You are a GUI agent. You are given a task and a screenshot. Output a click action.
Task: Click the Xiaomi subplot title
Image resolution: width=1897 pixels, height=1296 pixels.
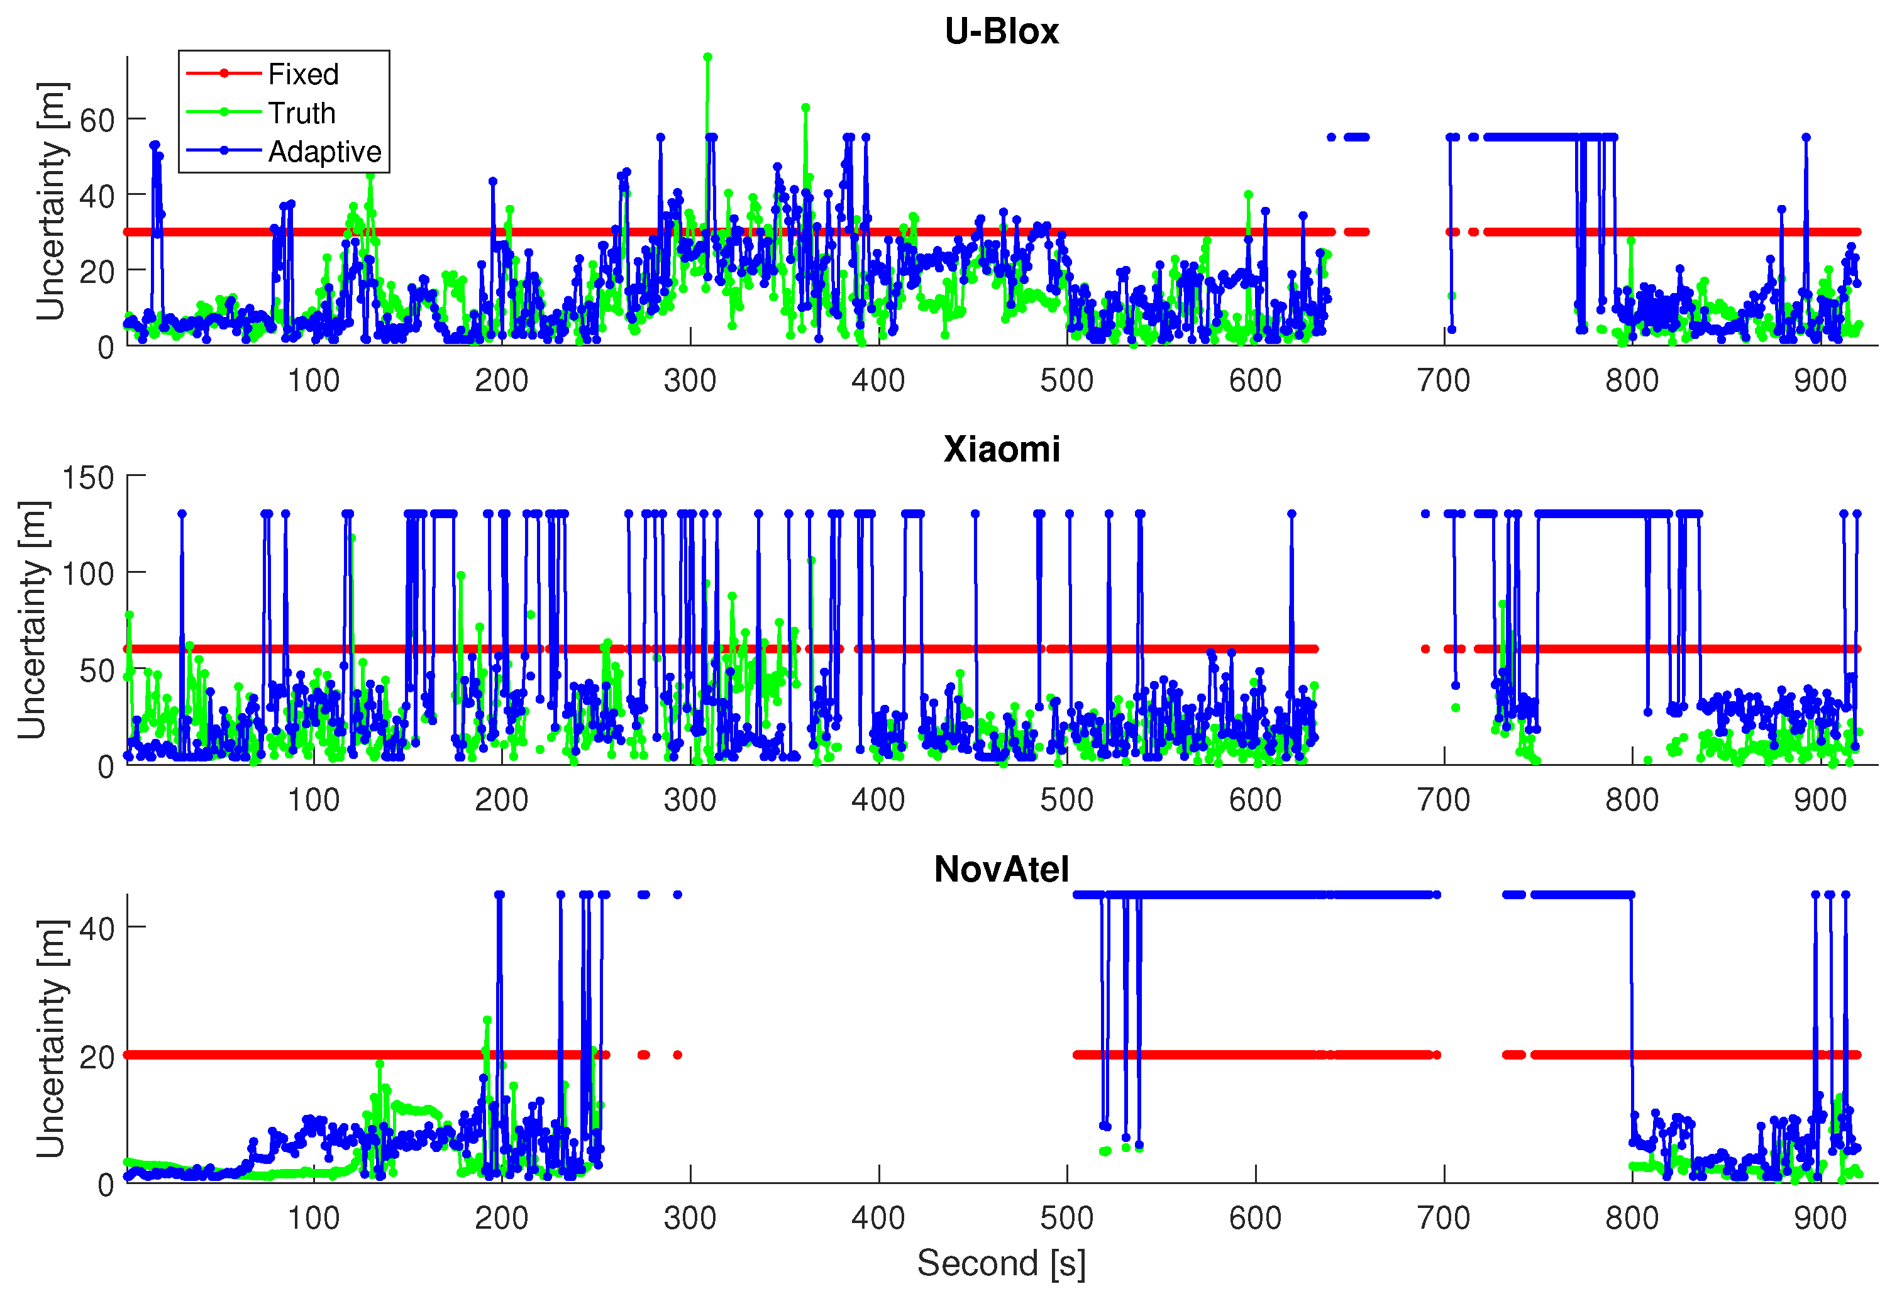click(x=1001, y=450)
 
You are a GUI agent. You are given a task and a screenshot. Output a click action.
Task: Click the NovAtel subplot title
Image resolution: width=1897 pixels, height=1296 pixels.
click(x=1001, y=869)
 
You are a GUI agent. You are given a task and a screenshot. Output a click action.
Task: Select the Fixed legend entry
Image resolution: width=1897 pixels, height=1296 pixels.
click(x=303, y=74)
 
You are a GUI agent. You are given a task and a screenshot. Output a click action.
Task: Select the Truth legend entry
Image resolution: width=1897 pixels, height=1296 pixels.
click(x=301, y=113)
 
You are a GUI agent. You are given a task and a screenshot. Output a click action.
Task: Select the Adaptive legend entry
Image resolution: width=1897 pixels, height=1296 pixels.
click(x=324, y=152)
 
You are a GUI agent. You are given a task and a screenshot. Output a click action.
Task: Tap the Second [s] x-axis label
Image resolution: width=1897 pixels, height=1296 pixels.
click(x=1001, y=1263)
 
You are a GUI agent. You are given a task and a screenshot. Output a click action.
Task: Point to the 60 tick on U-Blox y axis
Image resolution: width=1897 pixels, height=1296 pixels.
click(x=97, y=121)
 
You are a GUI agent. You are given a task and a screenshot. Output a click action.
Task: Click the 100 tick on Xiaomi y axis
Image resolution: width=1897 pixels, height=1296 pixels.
click(x=88, y=573)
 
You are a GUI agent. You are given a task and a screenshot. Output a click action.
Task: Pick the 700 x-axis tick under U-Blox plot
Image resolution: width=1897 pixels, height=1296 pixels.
click(x=1443, y=381)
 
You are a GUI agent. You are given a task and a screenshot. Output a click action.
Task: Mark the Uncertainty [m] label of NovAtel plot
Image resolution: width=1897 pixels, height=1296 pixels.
click(x=50, y=1038)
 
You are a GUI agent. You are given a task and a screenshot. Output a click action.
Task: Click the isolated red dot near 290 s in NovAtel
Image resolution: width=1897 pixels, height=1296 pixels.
click(x=678, y=1055)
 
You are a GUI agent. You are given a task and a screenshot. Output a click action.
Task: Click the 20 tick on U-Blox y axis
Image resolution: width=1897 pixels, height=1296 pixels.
click(x=97, y=272)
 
